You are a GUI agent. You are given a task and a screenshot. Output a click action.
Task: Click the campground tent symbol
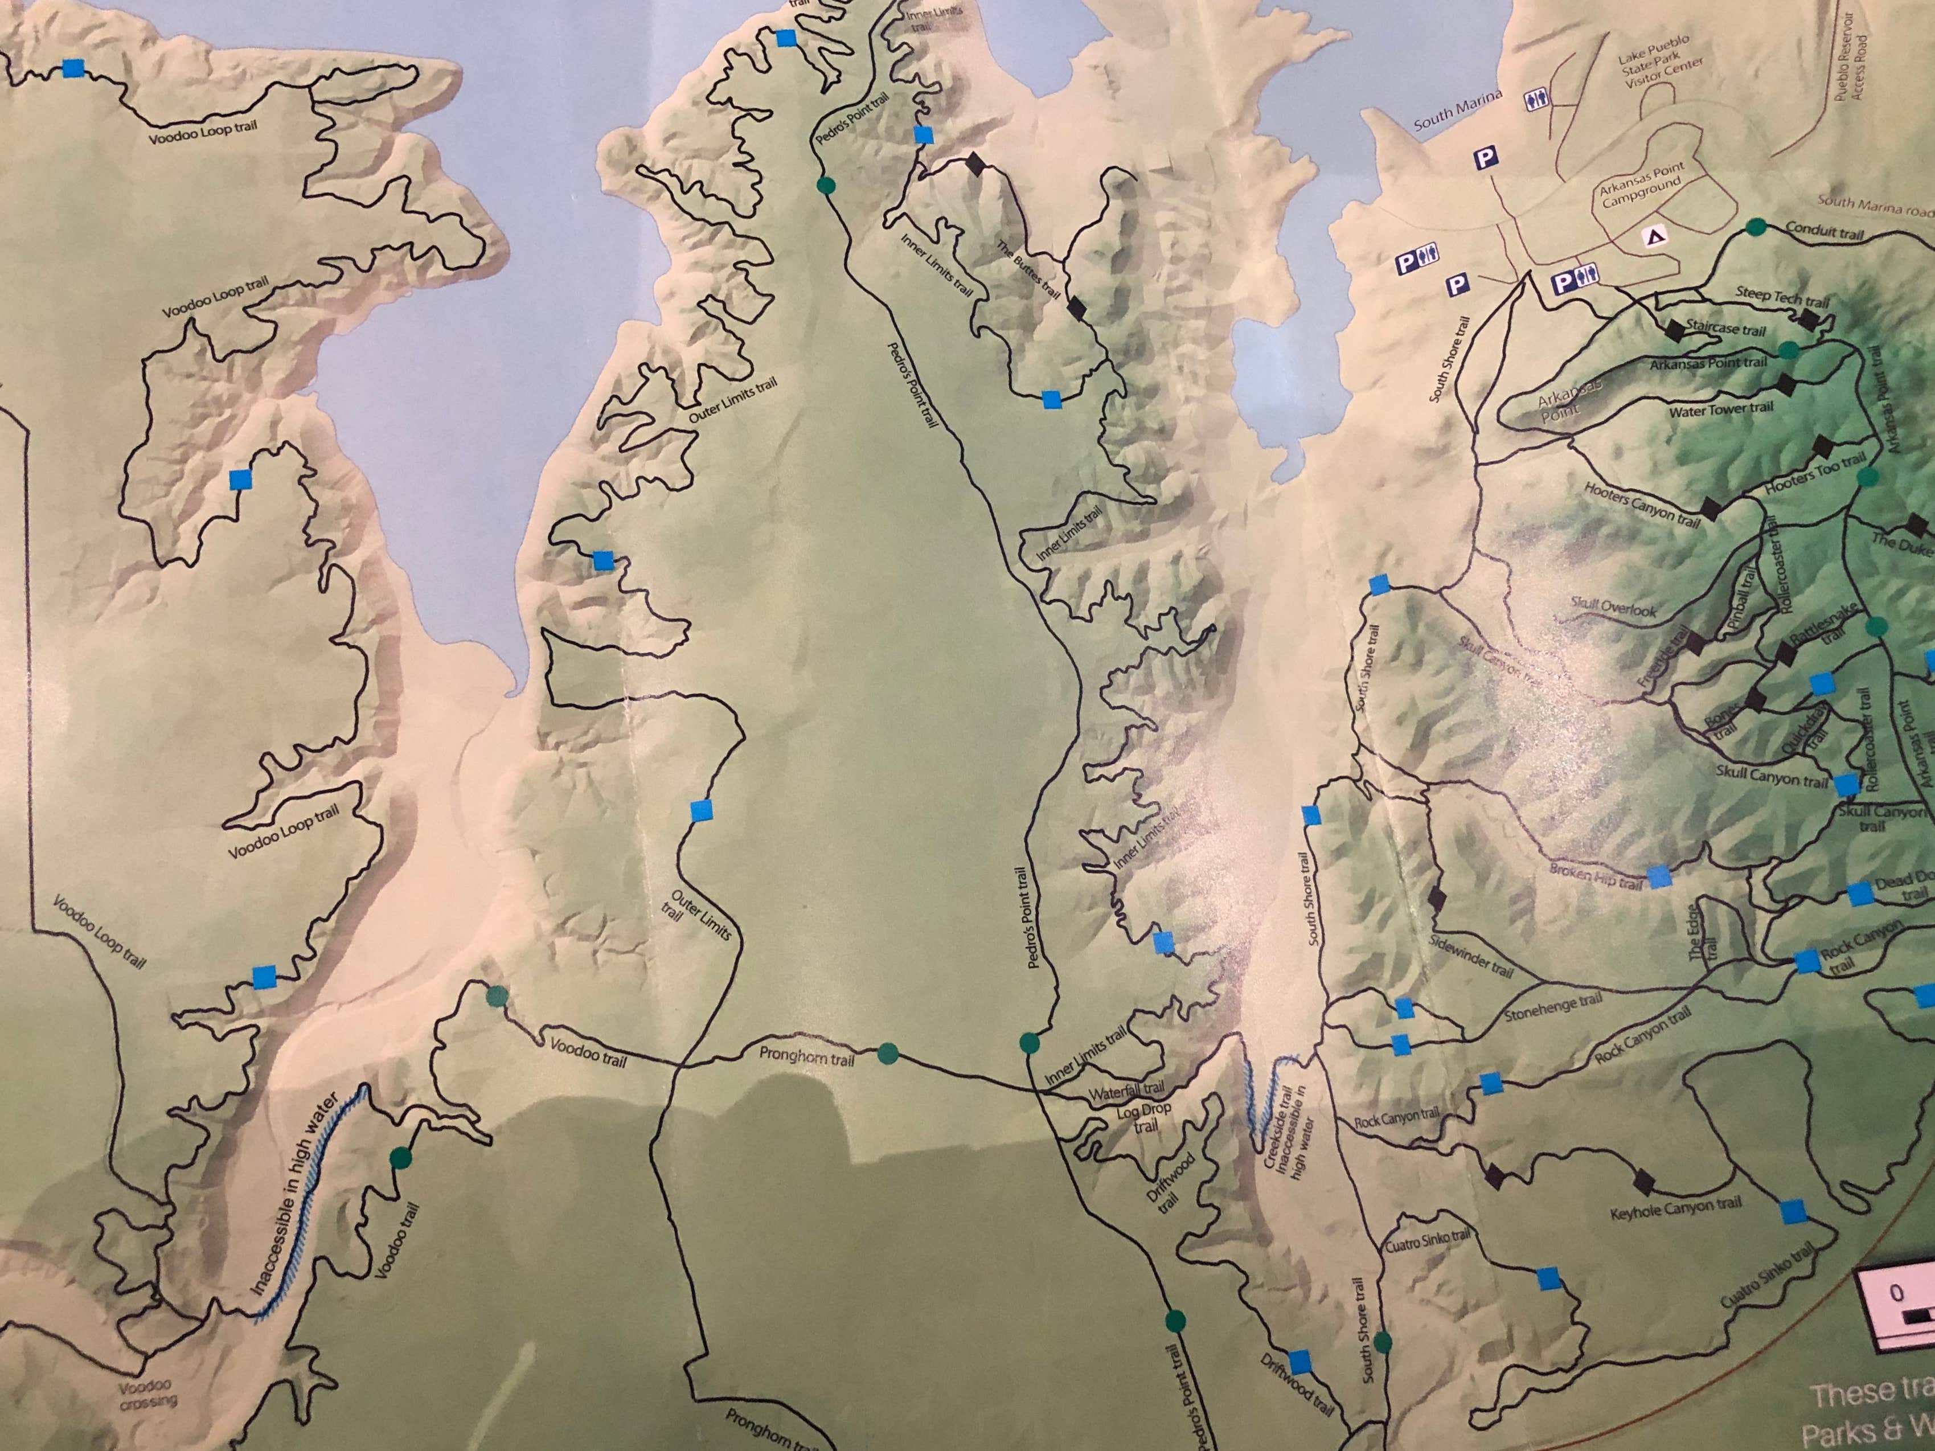point(1655,236)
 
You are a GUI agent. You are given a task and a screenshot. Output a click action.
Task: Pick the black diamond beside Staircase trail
point(1674,331)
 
